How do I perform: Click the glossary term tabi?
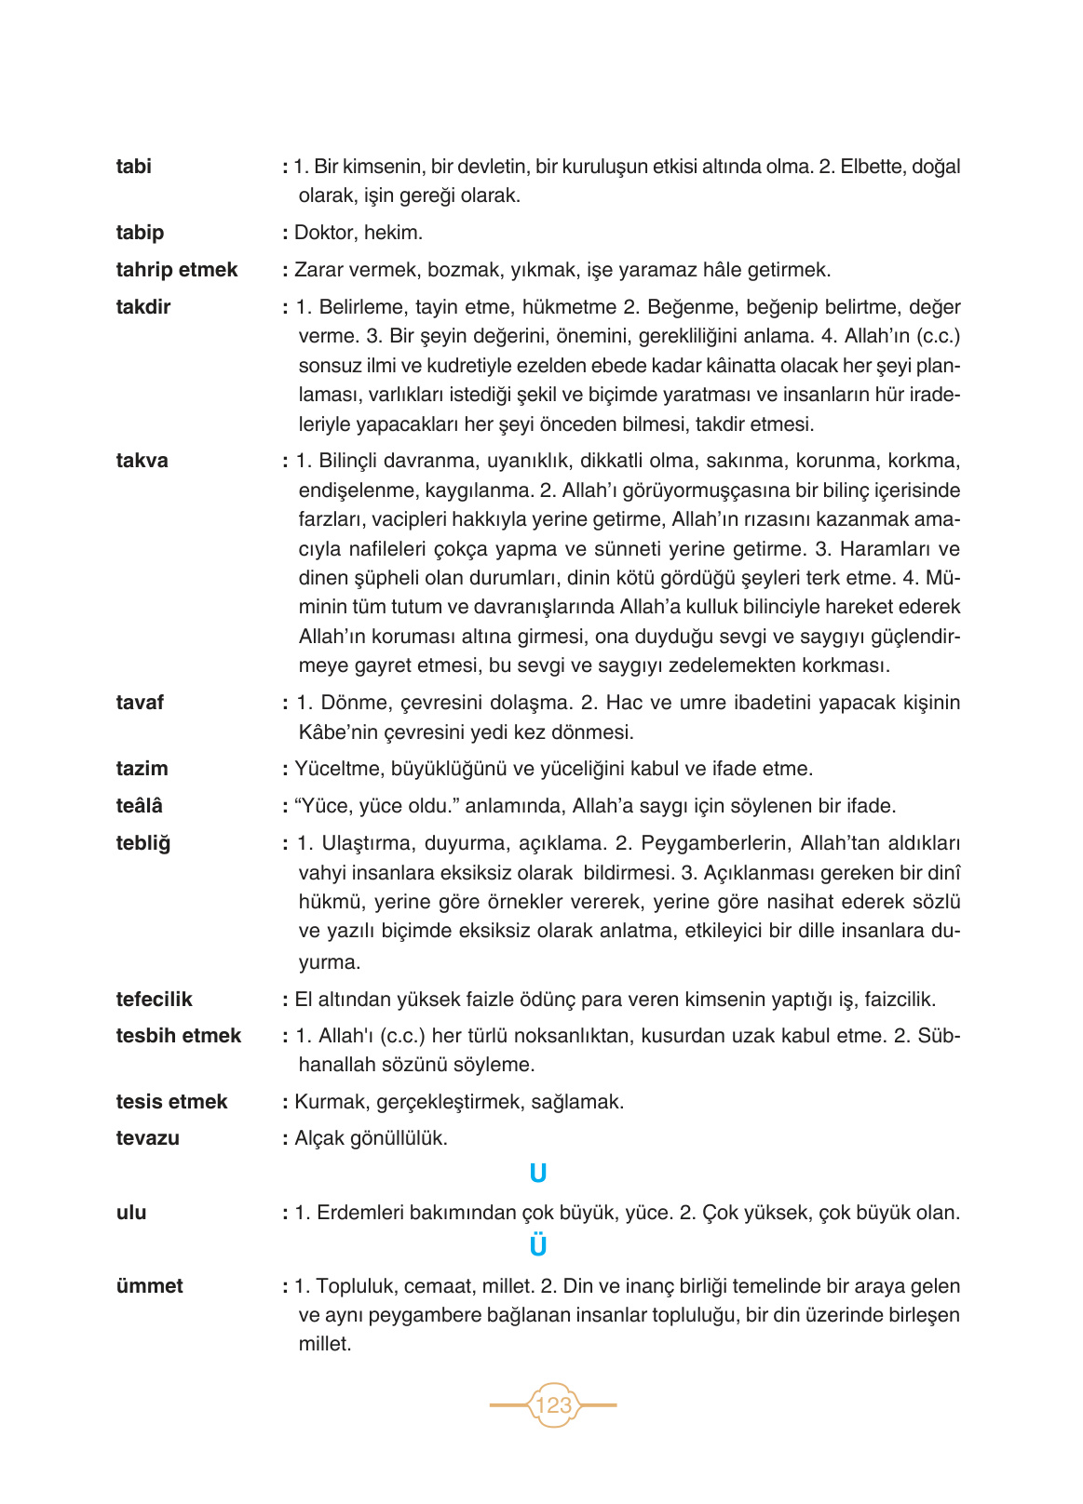pyautogui.click(x=133, y=167)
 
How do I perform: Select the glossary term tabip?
pyautogui.click(x=140, y=233)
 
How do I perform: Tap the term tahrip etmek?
pyautogui.click(x=177, y=270)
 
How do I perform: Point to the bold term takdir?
pyautogui.click(x=143, y=307)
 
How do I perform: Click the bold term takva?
pyautogui.click(x=142, y=461)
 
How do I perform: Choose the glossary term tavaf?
pyautogui.click(x=140, y=703)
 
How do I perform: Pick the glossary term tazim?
pyautogui.click(x=142, y=769)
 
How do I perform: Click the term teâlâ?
pyautogui.click(x=139, y=806)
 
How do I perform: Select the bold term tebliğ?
pyautogui.click(x=143, y=843)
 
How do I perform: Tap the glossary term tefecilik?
pyautogui.click(x=154, y=1000)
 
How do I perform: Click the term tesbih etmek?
pyautogui.click(x=178, y=1036)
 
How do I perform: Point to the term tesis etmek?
pyautogui.click(x=171, y=1102)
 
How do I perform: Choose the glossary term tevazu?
pyautogui.click(x=147, y=1138)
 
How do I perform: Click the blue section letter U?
pyautogui.click(x=537, y=1175)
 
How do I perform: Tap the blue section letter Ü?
pyautogui.click(x=537, y=1246)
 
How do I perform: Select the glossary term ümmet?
pyautogui.click(x=149, y=1286)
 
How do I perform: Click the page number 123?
pyautogui.click(x=553, y=1404)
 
